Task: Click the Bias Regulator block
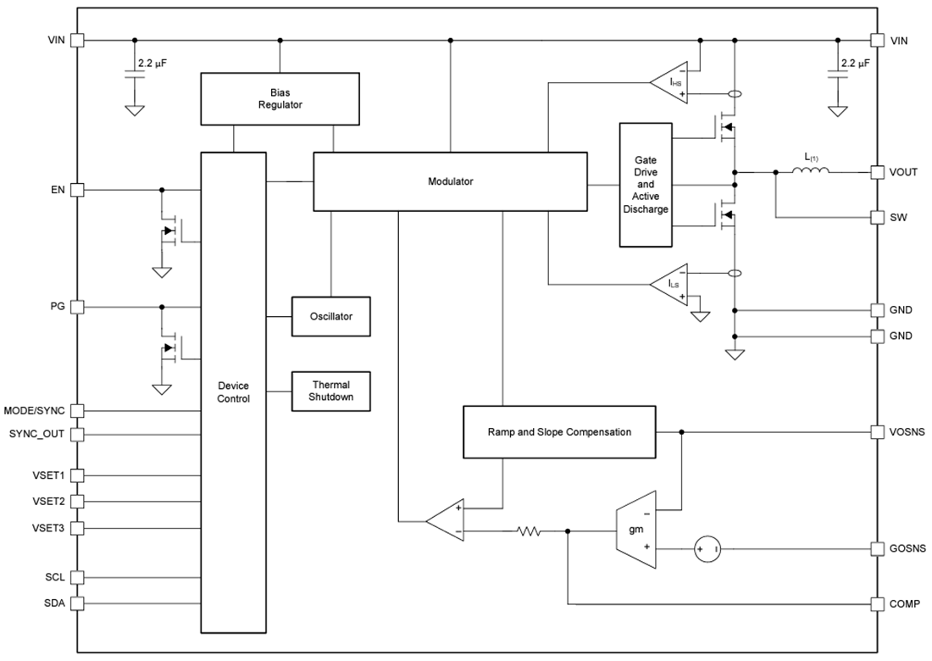(280, 98)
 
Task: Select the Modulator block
(450, 181)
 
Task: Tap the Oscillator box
(330, 316)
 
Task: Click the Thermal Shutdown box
(330, 392)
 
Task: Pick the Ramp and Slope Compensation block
(559, 432)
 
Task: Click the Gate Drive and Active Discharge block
(645, 185)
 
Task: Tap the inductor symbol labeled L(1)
(811, 172)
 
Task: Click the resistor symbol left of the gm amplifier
(530, 531)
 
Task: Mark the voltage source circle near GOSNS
(708, 549)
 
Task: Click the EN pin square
(77, 190)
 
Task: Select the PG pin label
(58, 307)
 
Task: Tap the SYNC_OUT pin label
(36, 435)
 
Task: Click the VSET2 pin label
(48, 502)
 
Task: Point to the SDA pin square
(77, 604)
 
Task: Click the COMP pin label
(905, 604)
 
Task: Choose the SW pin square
(877, 218)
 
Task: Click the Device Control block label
(233, 392)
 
